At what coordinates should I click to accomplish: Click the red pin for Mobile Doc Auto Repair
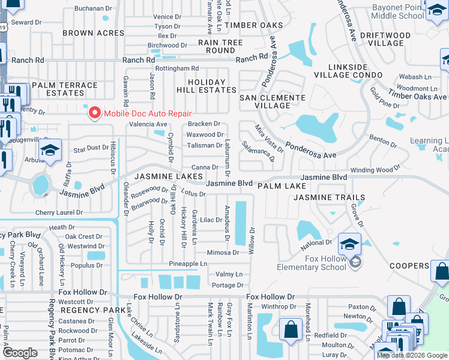coord(94,113)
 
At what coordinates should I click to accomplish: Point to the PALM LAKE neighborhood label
coord(282,187)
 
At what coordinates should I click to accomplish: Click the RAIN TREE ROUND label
coord(220,47)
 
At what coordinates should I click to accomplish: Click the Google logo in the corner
coord(20,353)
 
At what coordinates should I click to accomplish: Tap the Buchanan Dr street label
coord(94,8)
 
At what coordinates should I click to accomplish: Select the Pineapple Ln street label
coord(187,263)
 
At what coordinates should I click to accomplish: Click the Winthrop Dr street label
coord(275,307)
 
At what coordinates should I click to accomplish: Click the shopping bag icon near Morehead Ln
coord(291,329)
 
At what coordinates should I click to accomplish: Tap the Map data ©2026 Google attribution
coord(412,355)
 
